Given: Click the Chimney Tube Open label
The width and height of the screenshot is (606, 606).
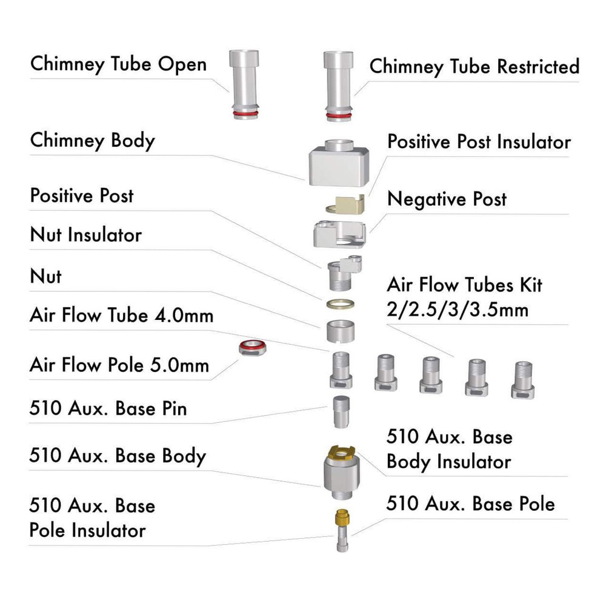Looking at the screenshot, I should (x=118, y=65).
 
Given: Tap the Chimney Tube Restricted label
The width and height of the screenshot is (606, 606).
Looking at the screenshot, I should (x=474, y=67).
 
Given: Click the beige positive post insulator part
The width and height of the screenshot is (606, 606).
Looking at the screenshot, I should (x=346, y=205).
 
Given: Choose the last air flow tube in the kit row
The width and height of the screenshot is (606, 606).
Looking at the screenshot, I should (x=523, y=380).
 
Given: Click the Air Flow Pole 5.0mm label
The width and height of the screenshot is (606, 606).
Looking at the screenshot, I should (x=119, y=365).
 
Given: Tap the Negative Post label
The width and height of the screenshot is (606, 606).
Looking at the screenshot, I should (x=447, y=199).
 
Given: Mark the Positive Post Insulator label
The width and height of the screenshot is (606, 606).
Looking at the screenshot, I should (x=479, y=142).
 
